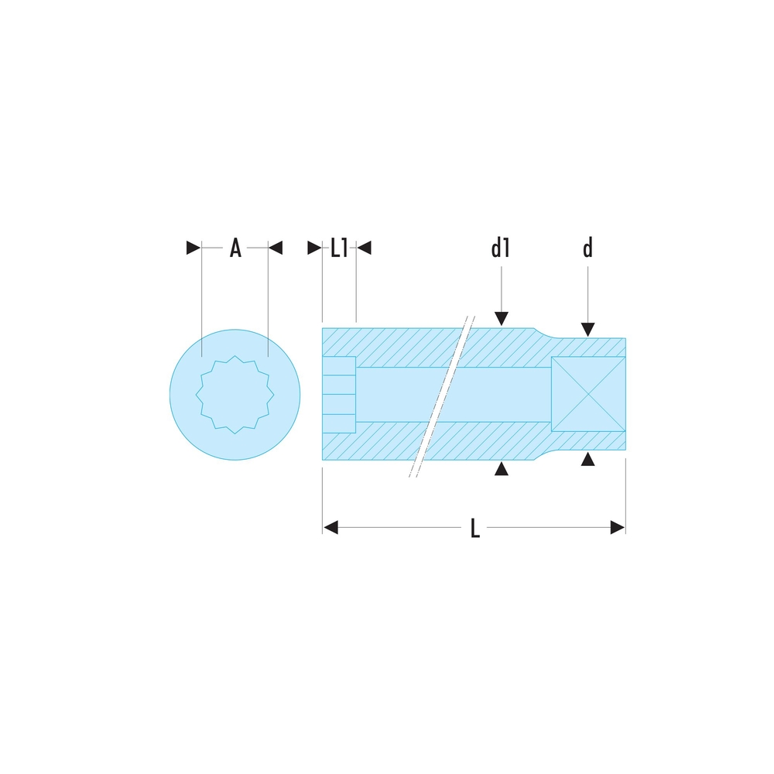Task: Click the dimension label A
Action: [x=235, y=248]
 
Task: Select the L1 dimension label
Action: [x=339, y=248]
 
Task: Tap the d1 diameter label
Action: [x=501, y=248]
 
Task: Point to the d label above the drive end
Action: [x=587, y=248]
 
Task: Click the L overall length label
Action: [x=475, y=528]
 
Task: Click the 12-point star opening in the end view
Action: [x=235, y=395]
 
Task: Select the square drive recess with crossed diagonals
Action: [x=588, y=395]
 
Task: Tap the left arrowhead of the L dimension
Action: [x=330, y=528]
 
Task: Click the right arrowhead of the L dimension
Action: [x=618, y=528]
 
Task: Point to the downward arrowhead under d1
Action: [x=502, y=319]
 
